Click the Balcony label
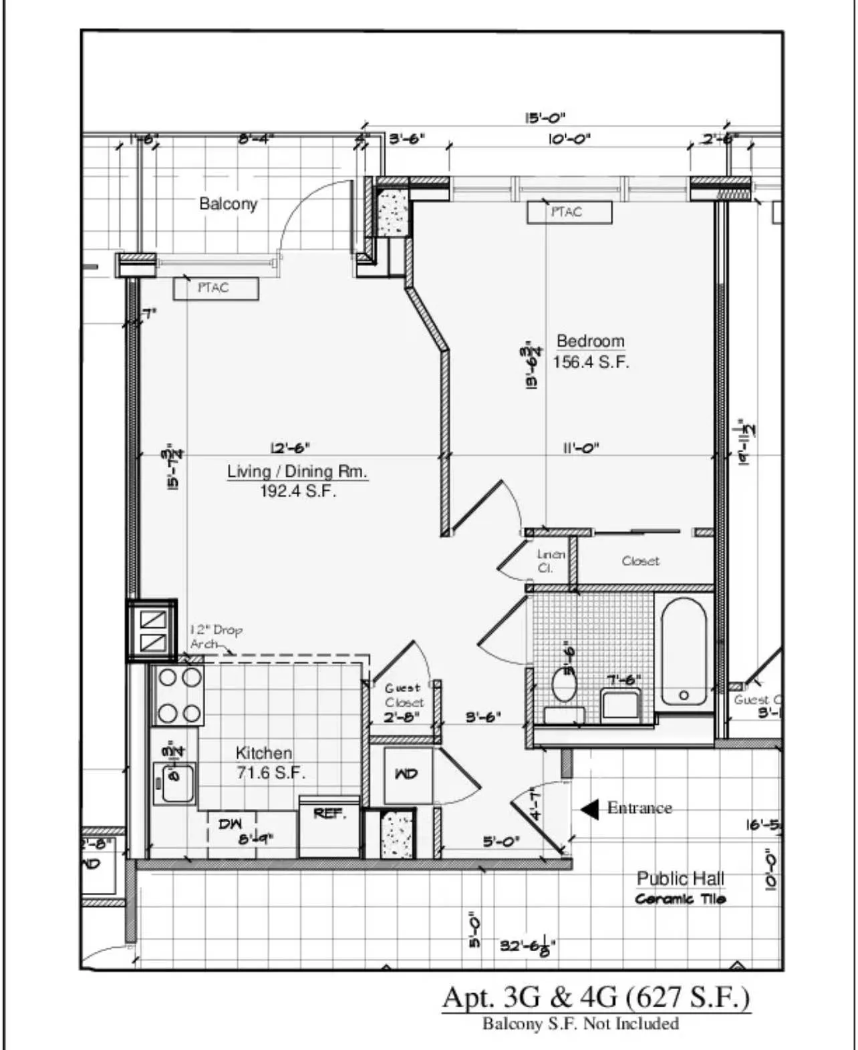(x=228, y=204)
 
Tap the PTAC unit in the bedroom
(x=569, y=212)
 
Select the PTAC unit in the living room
(x=215, y=288)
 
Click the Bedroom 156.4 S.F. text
(x=591, y=352)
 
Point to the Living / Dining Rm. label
(x=297, y=472)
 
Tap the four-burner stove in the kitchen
(x=179, y=695)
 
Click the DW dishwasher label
(x=230, y=824)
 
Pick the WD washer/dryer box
(x=407, y=774)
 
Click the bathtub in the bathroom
(x=683, y=651)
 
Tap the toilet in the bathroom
(x=565, y=684)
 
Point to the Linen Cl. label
(x=550, y=561)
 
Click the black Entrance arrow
(x=590, y=809)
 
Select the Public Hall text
(x=680, y=878)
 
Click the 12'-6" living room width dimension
(x=289, y=448)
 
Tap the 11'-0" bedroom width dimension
(x=580, y=448)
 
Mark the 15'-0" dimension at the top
(x=545, y=118)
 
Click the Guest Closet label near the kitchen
(x=403, y=695)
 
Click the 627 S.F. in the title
(x=688, y=997)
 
